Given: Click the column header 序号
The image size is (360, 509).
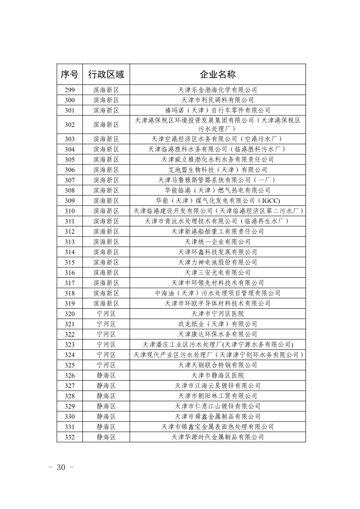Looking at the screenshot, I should tap(69, 74).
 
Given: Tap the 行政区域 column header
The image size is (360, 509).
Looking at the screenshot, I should tap(106, 74).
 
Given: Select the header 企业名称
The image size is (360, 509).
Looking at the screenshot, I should tap(217, 74).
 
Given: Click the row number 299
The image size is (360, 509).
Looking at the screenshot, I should tap(69, 90).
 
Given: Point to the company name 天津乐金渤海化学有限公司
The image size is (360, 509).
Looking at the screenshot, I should tap(217, 90).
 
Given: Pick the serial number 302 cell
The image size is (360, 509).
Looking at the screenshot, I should tap(69, 125).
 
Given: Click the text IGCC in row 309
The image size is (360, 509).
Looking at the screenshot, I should tap(271, 201).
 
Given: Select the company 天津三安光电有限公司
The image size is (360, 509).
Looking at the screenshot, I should tap(217, 273).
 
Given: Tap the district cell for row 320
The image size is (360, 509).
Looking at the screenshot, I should tap(106, 314).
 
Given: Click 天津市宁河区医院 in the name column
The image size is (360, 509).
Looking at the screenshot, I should tap(217, 314).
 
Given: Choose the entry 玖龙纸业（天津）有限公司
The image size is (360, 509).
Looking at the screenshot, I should tap(217, 324).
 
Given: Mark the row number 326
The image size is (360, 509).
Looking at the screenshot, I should tap(69, 375).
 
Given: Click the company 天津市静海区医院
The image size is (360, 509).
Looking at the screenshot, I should tap(217, 375).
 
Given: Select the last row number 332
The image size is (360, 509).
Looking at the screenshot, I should tap(69, 437).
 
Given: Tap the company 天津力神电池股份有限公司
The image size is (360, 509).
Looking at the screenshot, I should tap(217, 262).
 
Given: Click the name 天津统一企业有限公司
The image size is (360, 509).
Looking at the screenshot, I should tap(217, 242).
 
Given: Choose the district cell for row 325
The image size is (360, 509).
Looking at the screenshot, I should tap(106, 365).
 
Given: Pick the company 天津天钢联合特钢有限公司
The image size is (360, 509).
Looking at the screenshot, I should tap(217, 365).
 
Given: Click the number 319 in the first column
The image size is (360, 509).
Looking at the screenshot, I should tap(69, 303).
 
